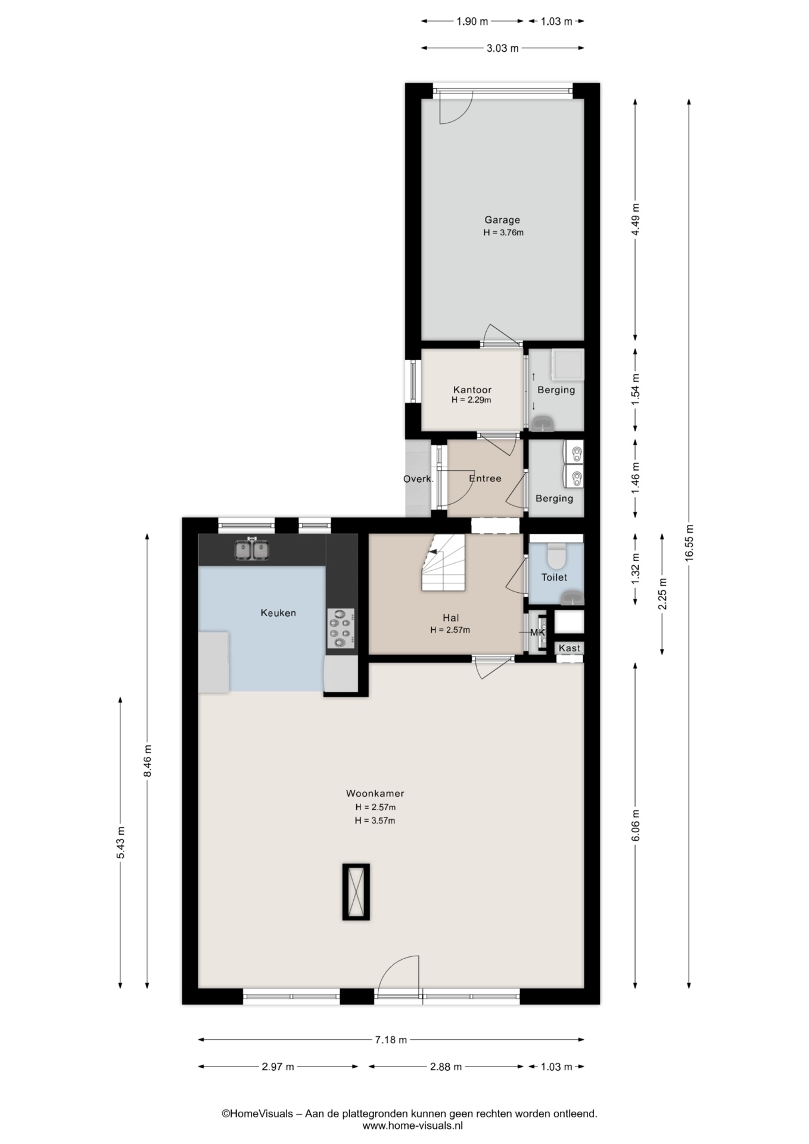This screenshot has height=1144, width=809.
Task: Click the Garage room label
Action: click(x=502, y=220)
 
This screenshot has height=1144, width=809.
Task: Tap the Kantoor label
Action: click(x=472, y=390)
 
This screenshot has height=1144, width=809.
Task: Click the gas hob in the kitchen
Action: click(x=341, y=629)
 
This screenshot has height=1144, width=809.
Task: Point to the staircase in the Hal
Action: click(x=443, y=562)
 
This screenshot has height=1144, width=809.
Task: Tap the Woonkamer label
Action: click(x=375, y=793)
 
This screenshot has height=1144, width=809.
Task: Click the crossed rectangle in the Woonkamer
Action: click(x=356, y=892)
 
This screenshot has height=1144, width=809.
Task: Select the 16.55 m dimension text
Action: click(x=689, y=543)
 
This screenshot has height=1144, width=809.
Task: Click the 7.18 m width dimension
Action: click(x=391, y=1040)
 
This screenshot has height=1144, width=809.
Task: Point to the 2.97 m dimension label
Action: click(x=278, y=1067)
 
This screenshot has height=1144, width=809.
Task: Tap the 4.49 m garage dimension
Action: click(x=636, y=220)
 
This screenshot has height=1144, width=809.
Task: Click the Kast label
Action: click(x=570, y=648)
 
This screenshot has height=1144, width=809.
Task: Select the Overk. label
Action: click(x=418, y=478)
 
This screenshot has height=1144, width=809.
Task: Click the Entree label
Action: click(x=485, y=478)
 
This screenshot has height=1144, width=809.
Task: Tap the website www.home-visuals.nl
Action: click(x=412, y=1126)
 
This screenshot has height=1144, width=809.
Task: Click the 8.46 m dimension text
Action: click(x=148, y=760)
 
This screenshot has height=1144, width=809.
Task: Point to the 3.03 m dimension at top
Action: click(x=503, y=48)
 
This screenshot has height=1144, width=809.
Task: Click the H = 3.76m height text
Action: click(x=503, y=232)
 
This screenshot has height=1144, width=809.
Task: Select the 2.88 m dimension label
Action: click(x=446, y=1067)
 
